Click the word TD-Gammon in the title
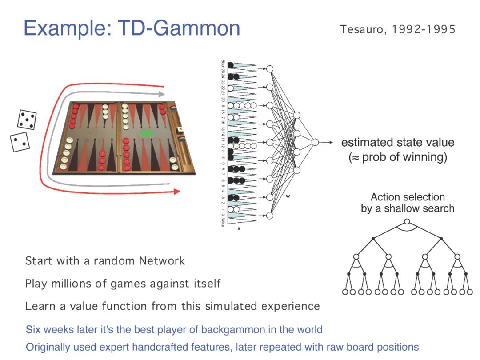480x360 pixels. click(x=179, y=28)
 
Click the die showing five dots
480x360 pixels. click(x=27, y=120)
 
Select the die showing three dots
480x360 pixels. click(x=20, y=142)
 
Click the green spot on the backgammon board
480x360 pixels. click(x=146, y=133)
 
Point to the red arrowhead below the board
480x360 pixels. click(x=176, y=192)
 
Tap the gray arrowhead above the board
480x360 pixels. click(x=162, y=94)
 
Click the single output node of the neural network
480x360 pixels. click(x=315, y=142)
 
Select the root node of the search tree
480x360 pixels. click(x=407, y=222)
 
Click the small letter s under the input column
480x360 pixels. click(x=239, y=228)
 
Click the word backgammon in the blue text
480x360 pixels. click(x=230, y=330)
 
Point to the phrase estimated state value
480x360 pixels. click(x=398, y=143)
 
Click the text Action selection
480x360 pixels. click(x=408, y=197)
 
